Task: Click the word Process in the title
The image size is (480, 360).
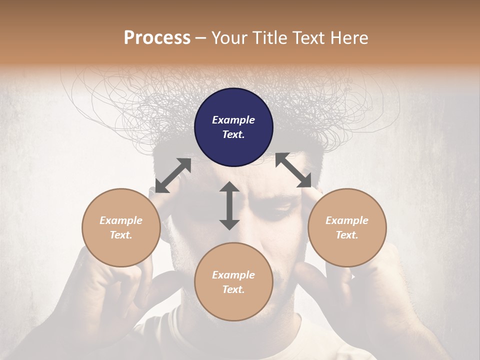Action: tap(157, 38)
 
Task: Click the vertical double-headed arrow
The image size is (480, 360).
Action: tap(229, 205)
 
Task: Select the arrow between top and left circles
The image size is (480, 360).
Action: tap(173, 175)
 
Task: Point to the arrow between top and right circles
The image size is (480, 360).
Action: tap(293, 170)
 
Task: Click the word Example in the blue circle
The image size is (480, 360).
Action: tap(233, 120)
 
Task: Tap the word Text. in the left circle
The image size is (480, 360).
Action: tap(121, 235)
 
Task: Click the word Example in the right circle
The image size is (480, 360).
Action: tap(347, 220)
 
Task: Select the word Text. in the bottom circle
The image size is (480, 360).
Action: tap(233, 289)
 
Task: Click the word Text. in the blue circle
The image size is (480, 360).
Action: tap(233, 134)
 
